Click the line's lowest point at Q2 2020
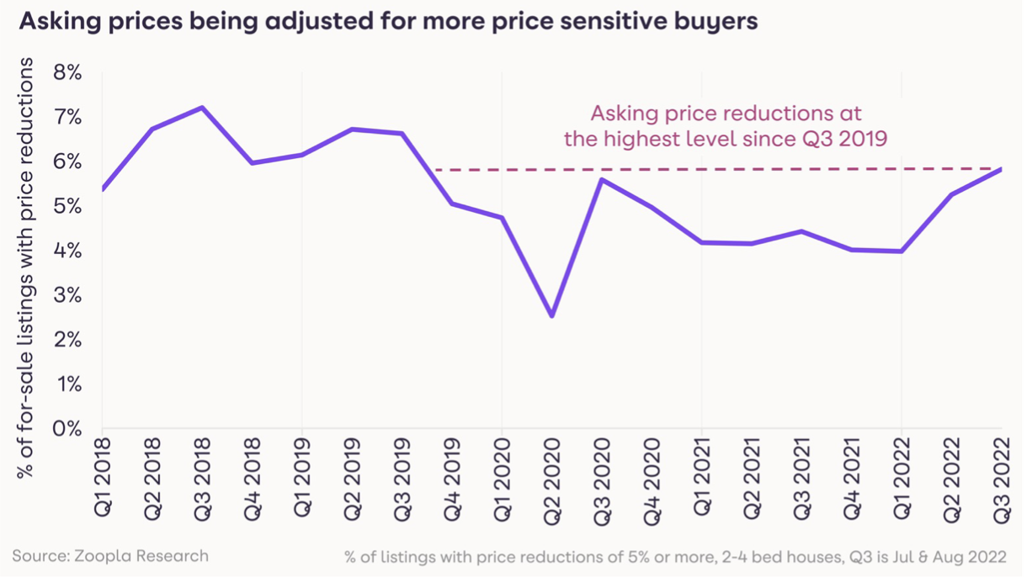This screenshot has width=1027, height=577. click(x=552, y=316)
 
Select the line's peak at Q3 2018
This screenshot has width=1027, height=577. click(x=202, y=108)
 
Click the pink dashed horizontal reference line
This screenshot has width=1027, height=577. click(x=716, y=170)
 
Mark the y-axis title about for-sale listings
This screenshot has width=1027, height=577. click(x=27, y=269)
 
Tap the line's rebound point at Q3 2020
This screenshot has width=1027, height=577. click(x=602, y=179)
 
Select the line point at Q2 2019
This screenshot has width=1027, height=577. click(x=352, y=130)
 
